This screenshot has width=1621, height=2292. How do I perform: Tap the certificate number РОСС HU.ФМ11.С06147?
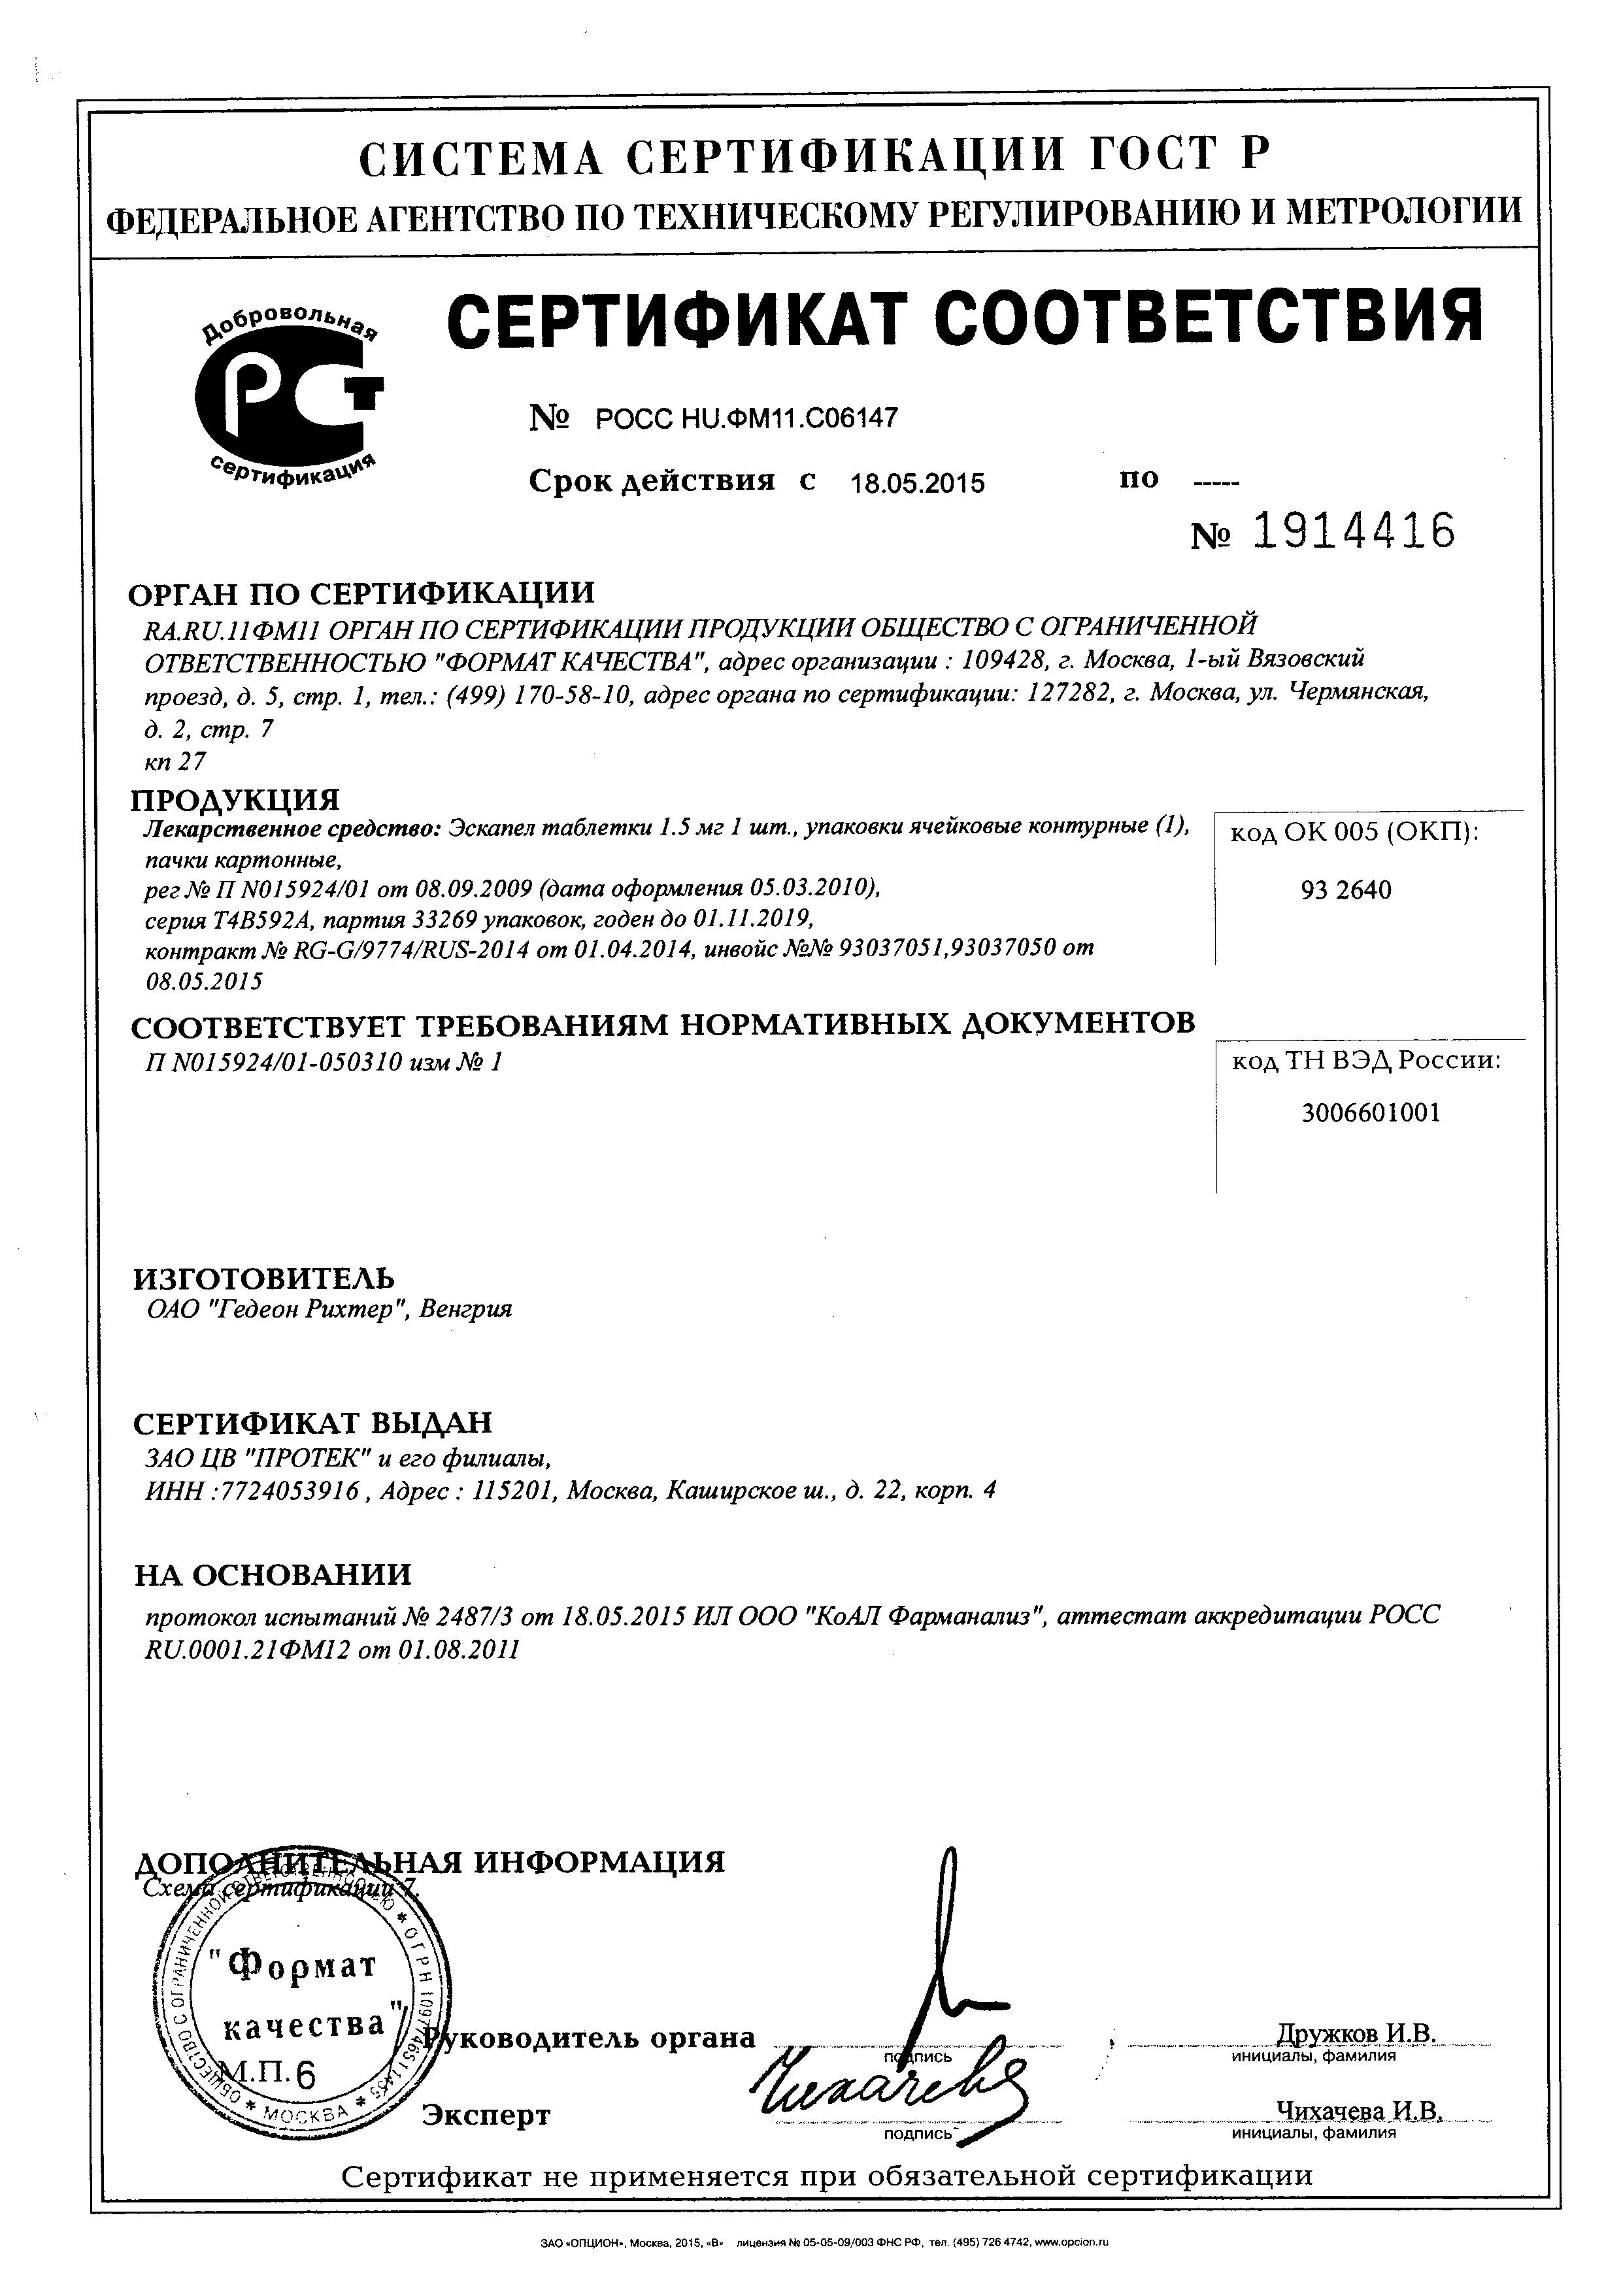[746, 417]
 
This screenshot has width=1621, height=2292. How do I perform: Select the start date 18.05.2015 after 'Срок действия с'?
[916, 484]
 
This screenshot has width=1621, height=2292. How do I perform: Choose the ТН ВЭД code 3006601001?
[1371, 1113]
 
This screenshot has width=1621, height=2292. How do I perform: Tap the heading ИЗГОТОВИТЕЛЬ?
[263, 1278]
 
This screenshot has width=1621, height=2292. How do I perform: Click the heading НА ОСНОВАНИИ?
[273, 1574]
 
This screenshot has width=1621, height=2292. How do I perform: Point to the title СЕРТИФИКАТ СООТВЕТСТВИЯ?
[963, 318]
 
